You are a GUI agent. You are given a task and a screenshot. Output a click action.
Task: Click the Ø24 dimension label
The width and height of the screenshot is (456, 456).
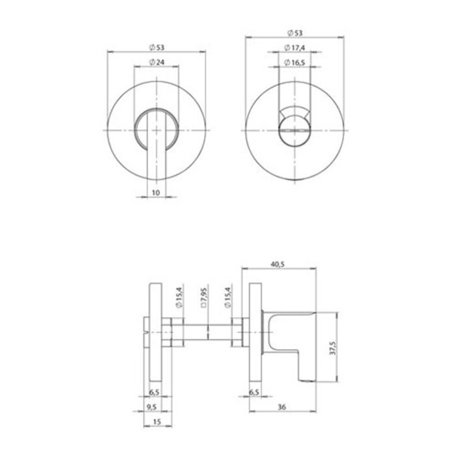(x=156, y=62)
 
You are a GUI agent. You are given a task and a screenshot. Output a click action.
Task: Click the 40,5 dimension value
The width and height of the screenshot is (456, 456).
(x=283, y=264)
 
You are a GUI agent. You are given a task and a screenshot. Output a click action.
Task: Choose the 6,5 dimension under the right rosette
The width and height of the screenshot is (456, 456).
(x=255, y=393)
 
